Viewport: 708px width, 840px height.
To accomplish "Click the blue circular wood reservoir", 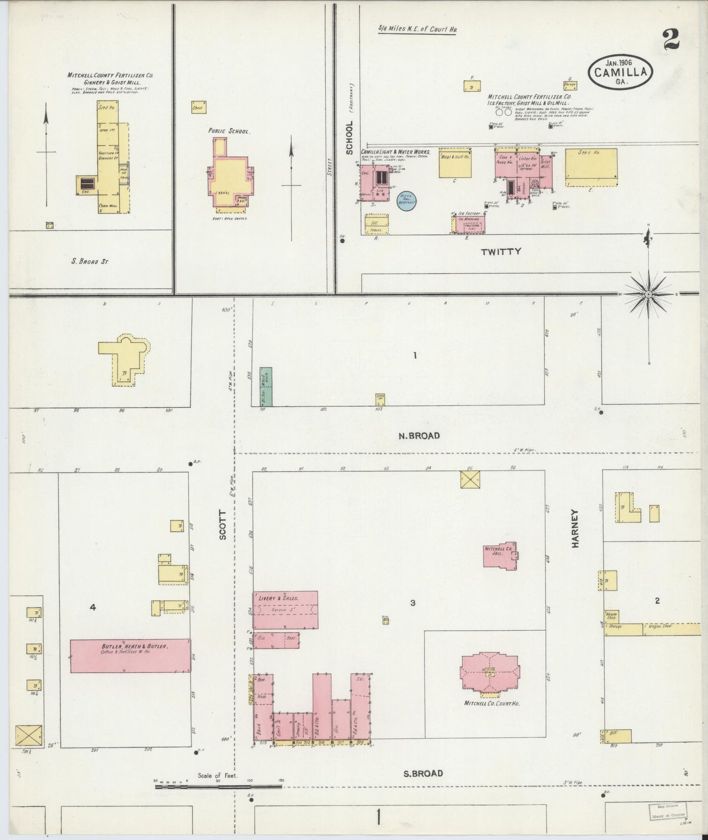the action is click(407, 201).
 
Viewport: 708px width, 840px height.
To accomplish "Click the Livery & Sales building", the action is click(285, 610).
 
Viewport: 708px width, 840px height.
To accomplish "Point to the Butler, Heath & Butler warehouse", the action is click(130, 656).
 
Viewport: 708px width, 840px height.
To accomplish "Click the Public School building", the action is click(228, 176).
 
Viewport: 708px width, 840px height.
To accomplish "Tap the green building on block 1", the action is click(266, 386).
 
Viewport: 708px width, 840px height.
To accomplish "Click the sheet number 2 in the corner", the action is click(670, 40).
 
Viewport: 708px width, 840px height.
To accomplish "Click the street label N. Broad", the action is click(418, 436).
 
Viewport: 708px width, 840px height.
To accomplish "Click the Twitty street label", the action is click(501, 252).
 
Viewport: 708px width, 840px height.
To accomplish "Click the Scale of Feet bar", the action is click(219, 787).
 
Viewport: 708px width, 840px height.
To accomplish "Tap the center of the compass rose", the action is click(648, 294).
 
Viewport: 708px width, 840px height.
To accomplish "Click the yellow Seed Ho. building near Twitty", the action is click(591, 167).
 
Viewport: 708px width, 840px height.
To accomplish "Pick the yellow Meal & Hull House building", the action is click(455, 163).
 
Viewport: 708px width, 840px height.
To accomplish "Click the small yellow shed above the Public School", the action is click(199, 107).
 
